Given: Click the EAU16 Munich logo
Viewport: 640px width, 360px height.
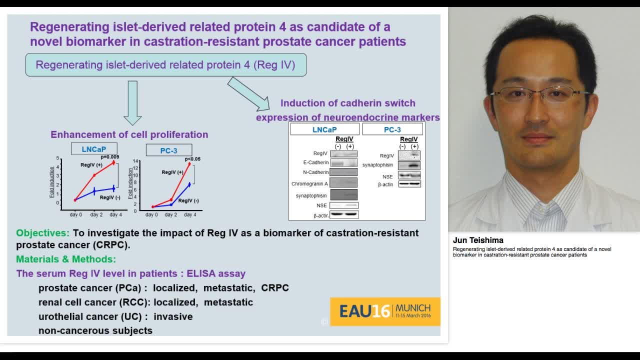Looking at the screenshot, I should click(385, 311).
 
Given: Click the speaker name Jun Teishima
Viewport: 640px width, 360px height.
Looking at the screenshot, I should click(478, 240).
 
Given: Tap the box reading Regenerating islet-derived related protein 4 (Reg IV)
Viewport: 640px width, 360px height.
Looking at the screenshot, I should click(165, 65).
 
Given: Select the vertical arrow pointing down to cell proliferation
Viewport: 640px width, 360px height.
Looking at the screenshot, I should click(132, 102).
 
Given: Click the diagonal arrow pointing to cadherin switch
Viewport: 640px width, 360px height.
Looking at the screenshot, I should click(248, 94).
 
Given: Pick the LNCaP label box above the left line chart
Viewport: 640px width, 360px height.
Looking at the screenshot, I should click(94, 149).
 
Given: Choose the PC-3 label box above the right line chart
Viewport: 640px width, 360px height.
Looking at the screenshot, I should click(168, 150).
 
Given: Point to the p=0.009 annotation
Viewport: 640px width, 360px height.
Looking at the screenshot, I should click(110, 157).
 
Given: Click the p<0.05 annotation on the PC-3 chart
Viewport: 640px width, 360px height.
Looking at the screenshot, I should click(192, 159).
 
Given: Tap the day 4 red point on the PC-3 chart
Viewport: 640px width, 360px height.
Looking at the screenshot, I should click(189, 164).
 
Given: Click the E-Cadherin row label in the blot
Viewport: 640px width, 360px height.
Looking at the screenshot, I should click(315, 162).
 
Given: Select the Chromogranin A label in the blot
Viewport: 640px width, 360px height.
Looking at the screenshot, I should click(309, 184).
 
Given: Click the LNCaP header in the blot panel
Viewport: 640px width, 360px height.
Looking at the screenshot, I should click(324, 129).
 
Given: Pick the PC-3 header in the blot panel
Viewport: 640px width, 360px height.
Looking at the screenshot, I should click(392, 129).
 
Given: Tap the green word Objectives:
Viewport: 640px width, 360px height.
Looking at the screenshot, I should click(43, 233).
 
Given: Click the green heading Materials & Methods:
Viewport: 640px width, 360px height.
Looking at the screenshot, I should click(66, 259).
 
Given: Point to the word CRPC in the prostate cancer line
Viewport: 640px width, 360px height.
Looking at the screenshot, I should click(275, 288).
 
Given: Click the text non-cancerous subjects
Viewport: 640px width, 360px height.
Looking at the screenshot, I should click(95, 330).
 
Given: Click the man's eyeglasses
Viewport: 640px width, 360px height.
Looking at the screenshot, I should click(540, 94).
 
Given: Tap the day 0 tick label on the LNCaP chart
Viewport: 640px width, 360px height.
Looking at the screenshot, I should click(76, 214).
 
